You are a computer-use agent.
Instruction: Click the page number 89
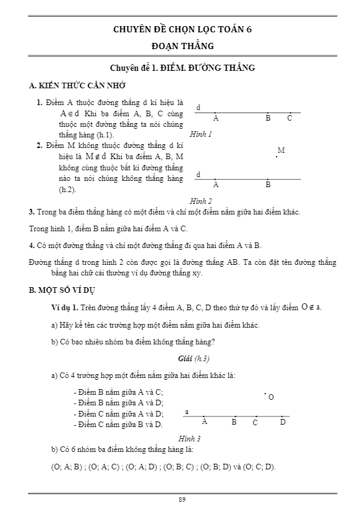(182, 499)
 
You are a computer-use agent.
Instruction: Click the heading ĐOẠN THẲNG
(182, 45)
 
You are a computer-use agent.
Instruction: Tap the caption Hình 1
(201, 134)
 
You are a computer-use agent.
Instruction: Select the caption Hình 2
(201, 200)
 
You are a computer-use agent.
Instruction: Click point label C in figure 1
(290, 118)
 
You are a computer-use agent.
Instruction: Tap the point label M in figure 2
(281, 150)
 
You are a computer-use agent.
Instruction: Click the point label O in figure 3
(271, 397)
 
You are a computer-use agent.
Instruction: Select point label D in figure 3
(283, 422)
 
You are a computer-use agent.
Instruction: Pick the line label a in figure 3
(187, 412)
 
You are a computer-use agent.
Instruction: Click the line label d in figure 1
(198, 108)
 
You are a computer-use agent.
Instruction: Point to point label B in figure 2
(268, 185)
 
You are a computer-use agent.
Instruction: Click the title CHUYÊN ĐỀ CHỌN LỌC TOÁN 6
(182, 29)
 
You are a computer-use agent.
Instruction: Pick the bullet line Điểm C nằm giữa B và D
(118, 424)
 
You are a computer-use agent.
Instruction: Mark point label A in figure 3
(205, 422)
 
